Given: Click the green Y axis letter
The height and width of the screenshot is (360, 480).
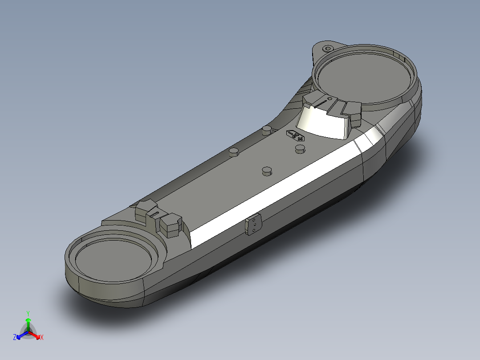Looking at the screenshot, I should [x=28, y=313].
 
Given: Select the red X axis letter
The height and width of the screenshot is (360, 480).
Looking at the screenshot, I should [x=42, y=338].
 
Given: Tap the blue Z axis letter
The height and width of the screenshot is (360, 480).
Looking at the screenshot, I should [x=15, y=338].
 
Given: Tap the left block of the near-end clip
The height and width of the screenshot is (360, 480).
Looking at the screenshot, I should [x=146, y=209].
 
